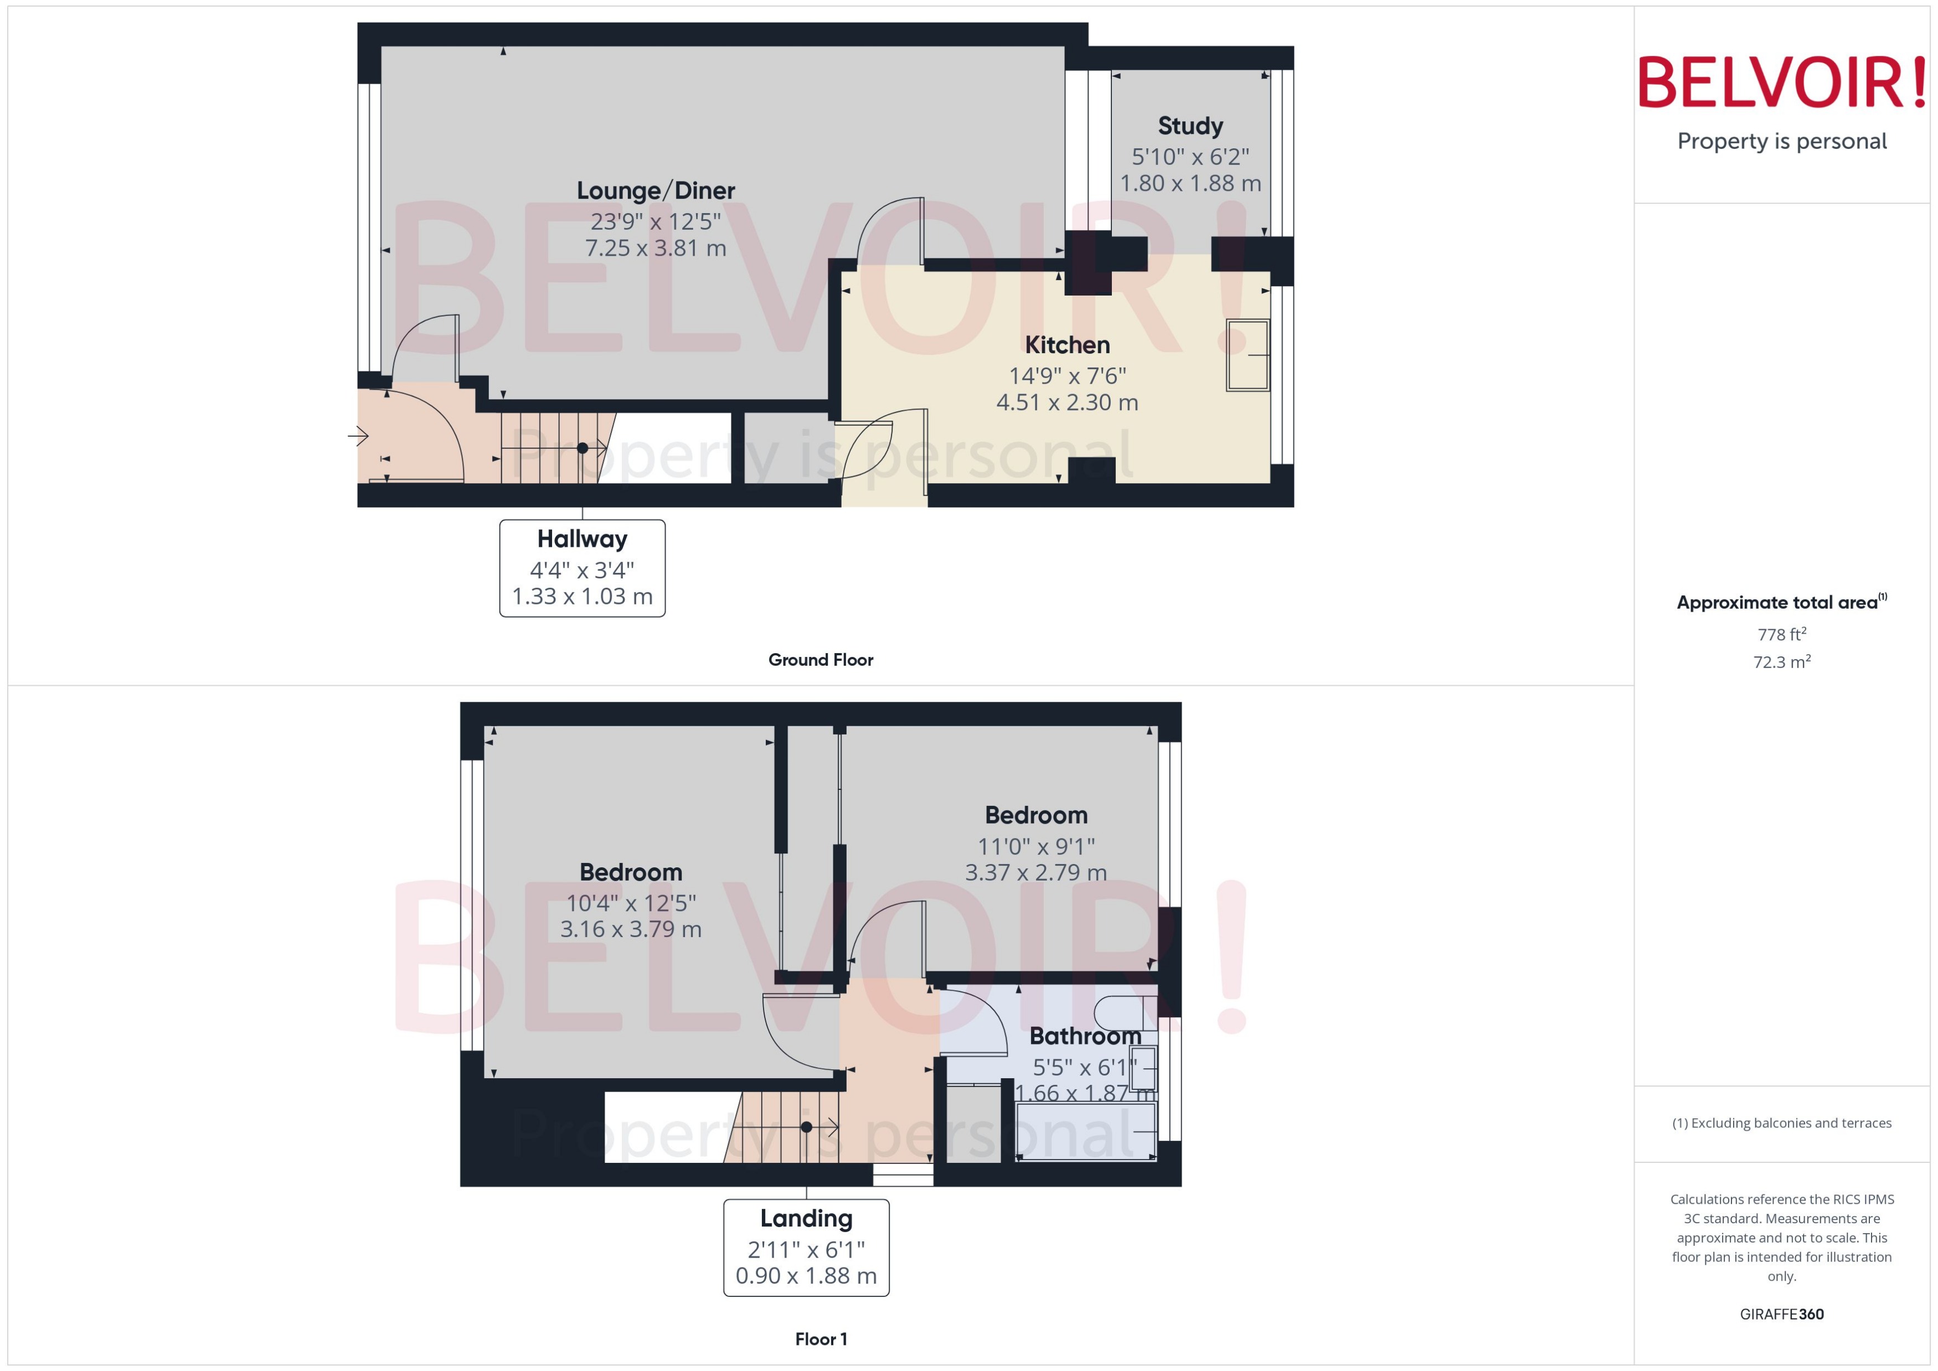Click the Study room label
[x=1190, y=126]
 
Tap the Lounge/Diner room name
[x=655, y=191]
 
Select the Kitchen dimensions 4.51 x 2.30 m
[x=1066, y=403]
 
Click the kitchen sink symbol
[x=1248, y=355]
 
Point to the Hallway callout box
[x=582, y=568]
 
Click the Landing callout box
[x=806, y=1247]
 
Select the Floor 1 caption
[x=820, y=1339]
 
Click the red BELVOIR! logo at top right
[x=1782, y=82]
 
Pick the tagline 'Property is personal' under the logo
[x=1782, y=141]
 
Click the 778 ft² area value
[x=1782, y=634]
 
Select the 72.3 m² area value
[x=1782, y=662]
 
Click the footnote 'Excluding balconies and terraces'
[x=1782, y=1123]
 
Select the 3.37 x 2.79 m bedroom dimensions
[x=1035, y=872]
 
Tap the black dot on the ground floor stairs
[x=582, y=448]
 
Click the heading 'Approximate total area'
[x=1777, y=603]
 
